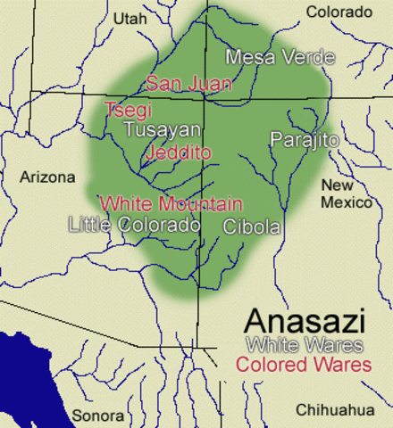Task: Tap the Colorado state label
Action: pos(339,12)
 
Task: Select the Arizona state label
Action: pos(47,177)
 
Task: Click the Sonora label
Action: pos(98,416)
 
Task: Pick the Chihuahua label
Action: pos(336,409)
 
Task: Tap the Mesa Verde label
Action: pos(280,58)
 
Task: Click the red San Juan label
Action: pos(188,84)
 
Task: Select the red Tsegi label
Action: pos(128,111)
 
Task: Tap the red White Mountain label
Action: pos(171,203)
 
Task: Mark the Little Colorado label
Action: pos(134,225)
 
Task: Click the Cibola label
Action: pos(252,226)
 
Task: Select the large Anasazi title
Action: pos(303,321)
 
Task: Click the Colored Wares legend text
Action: pos(304,365)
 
